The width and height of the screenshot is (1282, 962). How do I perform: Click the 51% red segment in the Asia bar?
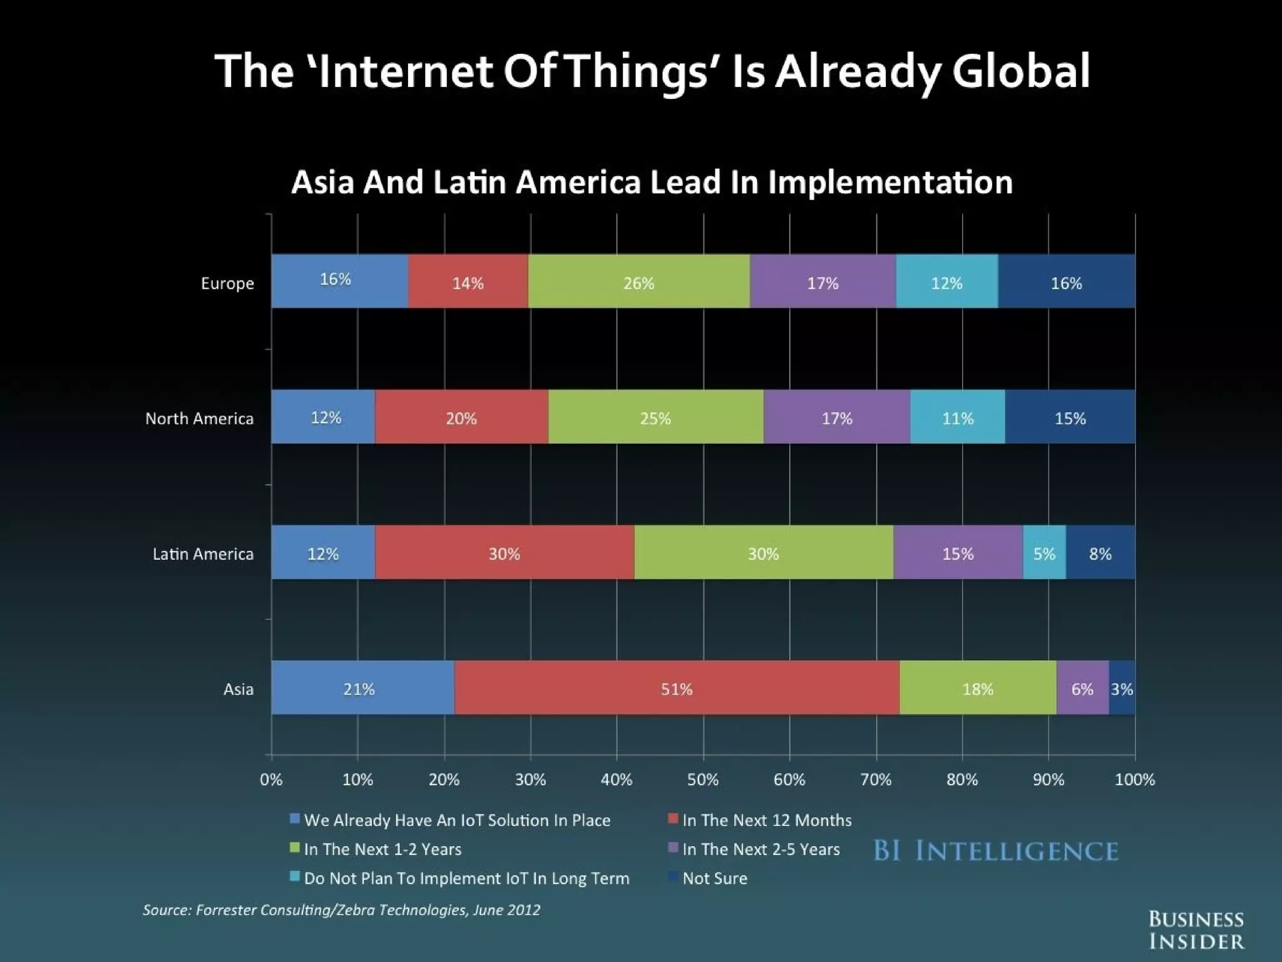pyautogui.click(x=677, y=688)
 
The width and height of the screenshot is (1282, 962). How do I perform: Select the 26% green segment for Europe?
pyautogui.click(x=638, y=282)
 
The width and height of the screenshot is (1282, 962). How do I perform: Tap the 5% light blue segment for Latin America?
pyautogui.click(x=1044, y=552)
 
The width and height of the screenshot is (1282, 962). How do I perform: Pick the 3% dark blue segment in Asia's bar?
pyautogui.click(x=1122, y=688)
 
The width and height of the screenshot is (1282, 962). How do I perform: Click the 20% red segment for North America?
pyautogui.click(x=461, y=417)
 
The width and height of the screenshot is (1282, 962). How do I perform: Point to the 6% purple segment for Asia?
pyautogui.click(x=1082, y=688)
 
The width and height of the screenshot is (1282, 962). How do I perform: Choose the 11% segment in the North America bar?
pyautogui.click(x=958, y=417)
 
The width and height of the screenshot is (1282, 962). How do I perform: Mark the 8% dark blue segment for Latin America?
pyautogui.click(x=1100, y=552)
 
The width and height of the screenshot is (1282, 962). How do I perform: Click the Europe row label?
pyautogui.click(x=227, y=283)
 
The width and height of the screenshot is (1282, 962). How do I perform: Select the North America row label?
pyautogui.click(x=199, y=418)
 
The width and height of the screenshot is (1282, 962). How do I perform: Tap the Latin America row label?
pyautogui.click(x=203, y=554)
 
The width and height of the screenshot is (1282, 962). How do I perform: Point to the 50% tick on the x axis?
pyautogui.click(x=703, y=779)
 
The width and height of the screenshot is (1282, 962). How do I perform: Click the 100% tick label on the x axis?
pyautogui.click(x=1134, y=779)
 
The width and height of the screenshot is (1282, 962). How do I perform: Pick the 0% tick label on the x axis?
pyautogui.click(x=271, y=779)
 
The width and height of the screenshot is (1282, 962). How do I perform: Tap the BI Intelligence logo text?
pyautogui.click(x=995, y=851)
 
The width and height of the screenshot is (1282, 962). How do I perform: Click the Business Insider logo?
pyautogui.click(x=1196, y=930)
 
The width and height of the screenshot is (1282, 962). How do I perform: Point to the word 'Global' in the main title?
pyautogui.click(x=1022, y=70)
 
